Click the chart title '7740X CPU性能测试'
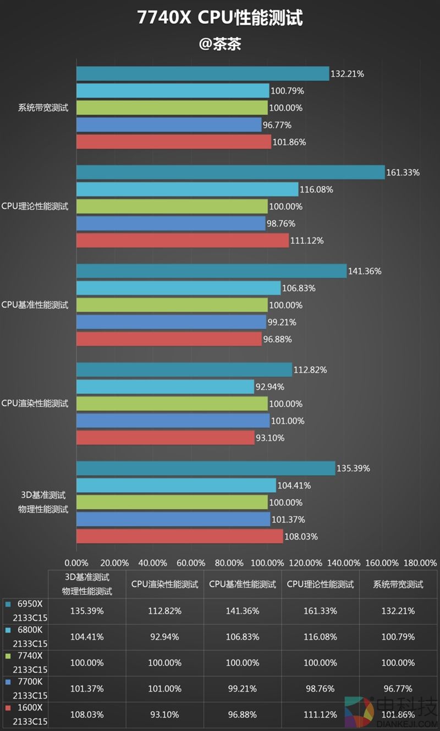pos(220,18)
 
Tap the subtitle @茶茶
pos(220,44)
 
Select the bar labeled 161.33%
pos(230,172)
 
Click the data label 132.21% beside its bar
pos(347,74)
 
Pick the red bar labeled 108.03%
pos(179,536)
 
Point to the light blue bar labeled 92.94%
pos(165,387)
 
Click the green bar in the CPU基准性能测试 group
pos(172,305)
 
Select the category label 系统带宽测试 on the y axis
pos(43,108)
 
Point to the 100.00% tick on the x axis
pos(267,563)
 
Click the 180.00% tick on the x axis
pos(420,563)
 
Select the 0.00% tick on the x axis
pos(76,563)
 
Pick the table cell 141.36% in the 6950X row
pos(243,611)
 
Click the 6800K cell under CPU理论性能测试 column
pos(320,637)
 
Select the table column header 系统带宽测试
pos(398,584)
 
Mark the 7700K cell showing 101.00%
pos(164,689)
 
